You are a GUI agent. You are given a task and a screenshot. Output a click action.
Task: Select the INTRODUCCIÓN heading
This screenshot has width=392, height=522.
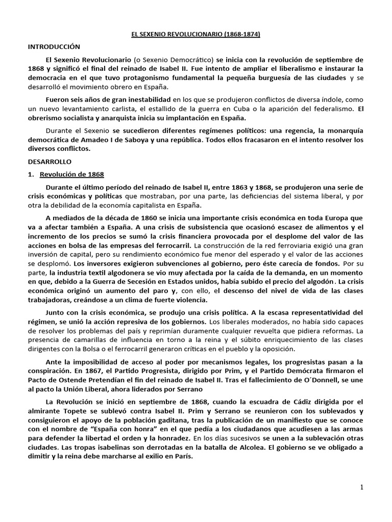(55, 46)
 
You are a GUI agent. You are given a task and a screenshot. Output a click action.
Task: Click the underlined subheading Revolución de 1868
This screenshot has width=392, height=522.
(71, 174)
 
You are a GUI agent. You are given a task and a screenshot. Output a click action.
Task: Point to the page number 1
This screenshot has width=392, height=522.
(362, 487)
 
